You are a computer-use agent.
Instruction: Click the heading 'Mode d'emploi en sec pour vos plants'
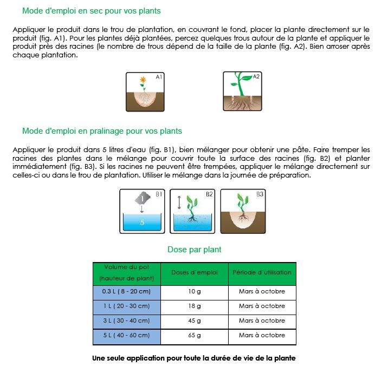click(x=91, y=11)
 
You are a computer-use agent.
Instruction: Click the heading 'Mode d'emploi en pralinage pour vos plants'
click(x=102, y=131)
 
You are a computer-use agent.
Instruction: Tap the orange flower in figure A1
click(x=143, y=80)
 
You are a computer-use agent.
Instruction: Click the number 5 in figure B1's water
click(x=142, y=222)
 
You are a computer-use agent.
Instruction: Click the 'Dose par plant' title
click(x=194, y=250)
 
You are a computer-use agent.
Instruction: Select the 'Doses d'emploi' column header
click(x=195, y=272)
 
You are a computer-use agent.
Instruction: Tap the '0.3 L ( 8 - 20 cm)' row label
click(x=127, y=291)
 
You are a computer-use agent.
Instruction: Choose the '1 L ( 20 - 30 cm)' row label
click(x=127, y=306)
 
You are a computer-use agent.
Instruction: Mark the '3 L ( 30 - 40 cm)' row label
click(x=127, y=320)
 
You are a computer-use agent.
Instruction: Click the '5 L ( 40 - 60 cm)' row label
click(x=127, y=335)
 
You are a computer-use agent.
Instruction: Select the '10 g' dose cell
click(x=195, y=291)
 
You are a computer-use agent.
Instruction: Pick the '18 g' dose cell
click(x=195, y=306)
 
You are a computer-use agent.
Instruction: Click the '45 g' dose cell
click(x=195, y=320)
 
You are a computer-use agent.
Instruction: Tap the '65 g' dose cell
click(x=195, y=335)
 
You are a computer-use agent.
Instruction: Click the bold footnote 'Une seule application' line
click(x=194, y=358)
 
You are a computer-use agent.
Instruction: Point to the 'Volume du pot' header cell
click(x=127, y=272)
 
